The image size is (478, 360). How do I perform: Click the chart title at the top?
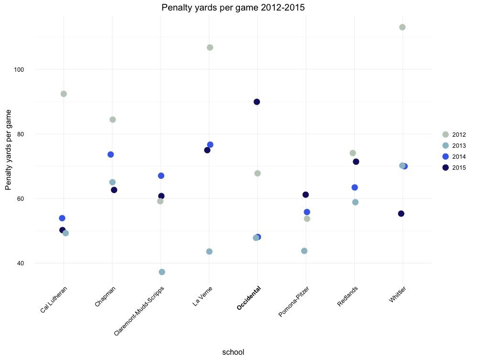(233, 8)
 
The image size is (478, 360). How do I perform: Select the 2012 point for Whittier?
(402, 27)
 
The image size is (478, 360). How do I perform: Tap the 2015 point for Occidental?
(257, 102)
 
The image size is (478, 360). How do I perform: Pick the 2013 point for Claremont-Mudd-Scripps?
(162, 272)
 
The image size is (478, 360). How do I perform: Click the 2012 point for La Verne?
(210, 47)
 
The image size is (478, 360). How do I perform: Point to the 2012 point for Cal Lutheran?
(64, 94)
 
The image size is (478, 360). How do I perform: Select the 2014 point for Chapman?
(110, 154)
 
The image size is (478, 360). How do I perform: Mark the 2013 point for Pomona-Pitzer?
(304, 251)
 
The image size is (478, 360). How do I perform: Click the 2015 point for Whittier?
(401, 214)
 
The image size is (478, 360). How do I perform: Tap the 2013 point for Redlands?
(355, 202)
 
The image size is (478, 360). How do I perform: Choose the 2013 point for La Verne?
(209, 251)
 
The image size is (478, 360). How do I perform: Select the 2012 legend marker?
(445, 135)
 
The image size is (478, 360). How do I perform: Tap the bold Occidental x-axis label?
(250, 298)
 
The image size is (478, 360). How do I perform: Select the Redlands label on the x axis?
(348, 296)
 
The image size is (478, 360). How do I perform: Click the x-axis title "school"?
(233, 352)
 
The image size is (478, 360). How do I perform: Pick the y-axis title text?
(9, 150)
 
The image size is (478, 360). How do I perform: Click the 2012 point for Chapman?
(112, 120)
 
